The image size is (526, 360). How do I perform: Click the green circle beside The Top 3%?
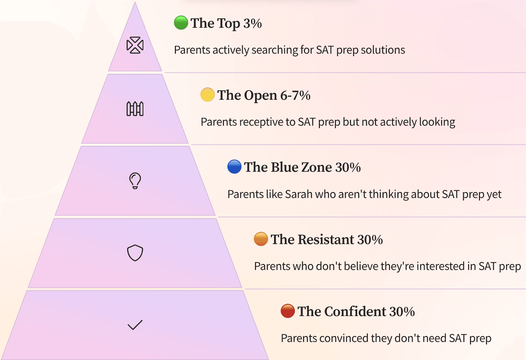(181, 23)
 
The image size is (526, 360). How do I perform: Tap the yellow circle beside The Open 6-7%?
(207, 95)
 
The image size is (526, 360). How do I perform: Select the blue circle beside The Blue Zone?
(234, 166)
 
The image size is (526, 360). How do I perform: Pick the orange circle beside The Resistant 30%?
(261, 239)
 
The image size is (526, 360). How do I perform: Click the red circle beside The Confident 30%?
(288, 311)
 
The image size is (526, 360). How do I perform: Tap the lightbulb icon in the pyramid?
(135, 181)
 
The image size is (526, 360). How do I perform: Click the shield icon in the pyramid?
(135, 253)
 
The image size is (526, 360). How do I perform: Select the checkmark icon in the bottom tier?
(135, 325)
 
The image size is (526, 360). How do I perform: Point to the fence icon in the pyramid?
(135, 109)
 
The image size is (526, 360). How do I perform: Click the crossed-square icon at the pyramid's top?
(135, 45)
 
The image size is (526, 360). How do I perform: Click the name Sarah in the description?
(299, 194)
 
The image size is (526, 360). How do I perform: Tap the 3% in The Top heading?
(252, 23)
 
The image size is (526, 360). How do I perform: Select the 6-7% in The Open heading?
(295, 95)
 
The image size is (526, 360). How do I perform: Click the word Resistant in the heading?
(326, 240)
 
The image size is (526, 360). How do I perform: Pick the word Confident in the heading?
(355, 312)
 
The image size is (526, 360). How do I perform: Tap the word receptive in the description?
(259, 122)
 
